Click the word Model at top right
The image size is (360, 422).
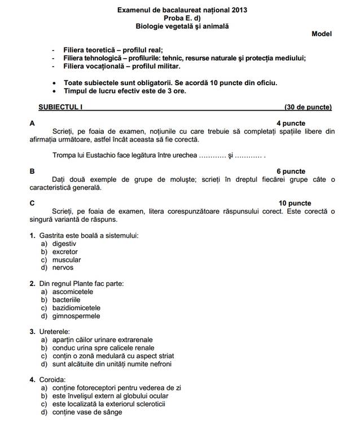click(x=322, y=34)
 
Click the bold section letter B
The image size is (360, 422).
click(x=32, y=172)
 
